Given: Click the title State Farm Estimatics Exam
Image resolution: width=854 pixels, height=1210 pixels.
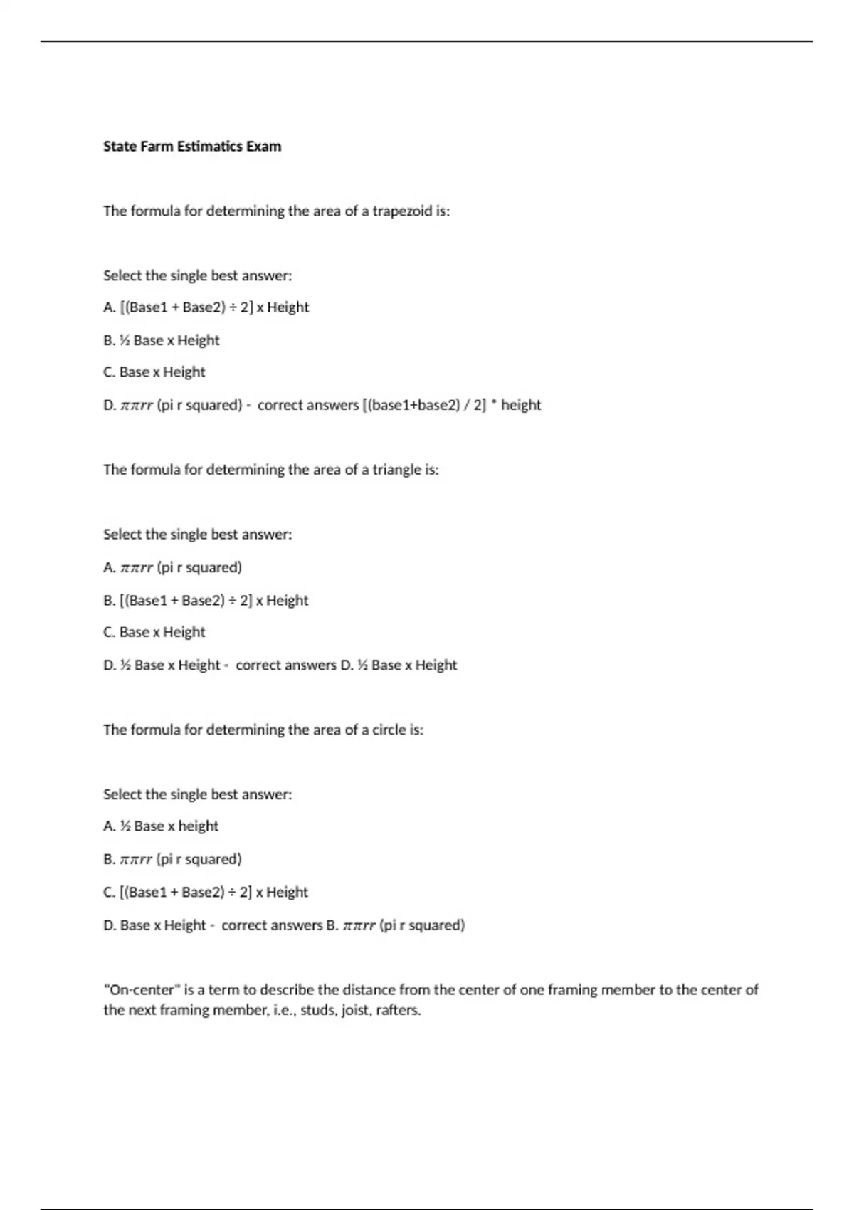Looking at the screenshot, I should pyautogui.click(x=192, y=147).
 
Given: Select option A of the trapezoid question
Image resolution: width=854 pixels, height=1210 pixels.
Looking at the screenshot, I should pyautogui.click(x=206, y=307).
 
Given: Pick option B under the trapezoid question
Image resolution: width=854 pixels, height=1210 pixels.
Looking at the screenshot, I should pyautogui.click(x=162, y=340).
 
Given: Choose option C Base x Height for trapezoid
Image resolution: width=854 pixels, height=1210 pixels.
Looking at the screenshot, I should pyautogui.click(x=154, y=372).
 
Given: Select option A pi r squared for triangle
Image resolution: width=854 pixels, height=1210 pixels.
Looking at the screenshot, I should pyautogui.click(x=173, y=567).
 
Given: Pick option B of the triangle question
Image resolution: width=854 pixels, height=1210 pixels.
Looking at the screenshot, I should pyautogui.click(x=206, y=601).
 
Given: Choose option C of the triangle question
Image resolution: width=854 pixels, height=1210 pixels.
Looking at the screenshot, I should pyautogui.click(x=154, y=632).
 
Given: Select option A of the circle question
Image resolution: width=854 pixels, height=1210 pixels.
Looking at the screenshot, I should pyautogui.click(x=161, y=826).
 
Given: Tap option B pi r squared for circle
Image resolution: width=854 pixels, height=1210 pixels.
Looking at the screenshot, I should pyautogui.click(x=173, y=859).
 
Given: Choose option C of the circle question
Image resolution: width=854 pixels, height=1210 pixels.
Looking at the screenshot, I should pyautogui.click(x=206, y=893).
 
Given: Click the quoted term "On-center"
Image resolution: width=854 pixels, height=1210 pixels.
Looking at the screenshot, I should pyautogui.click(x=143, y=990).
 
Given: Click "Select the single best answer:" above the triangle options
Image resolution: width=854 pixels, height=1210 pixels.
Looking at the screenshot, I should pyautogui.click(x=198, y=535).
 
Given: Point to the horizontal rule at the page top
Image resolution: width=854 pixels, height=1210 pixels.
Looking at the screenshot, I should pyautogui.click(x=427, y=41).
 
